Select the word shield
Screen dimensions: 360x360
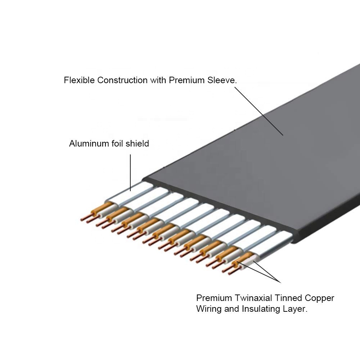136,144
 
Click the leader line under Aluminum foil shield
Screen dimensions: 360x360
130,171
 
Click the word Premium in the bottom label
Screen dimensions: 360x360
212,298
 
